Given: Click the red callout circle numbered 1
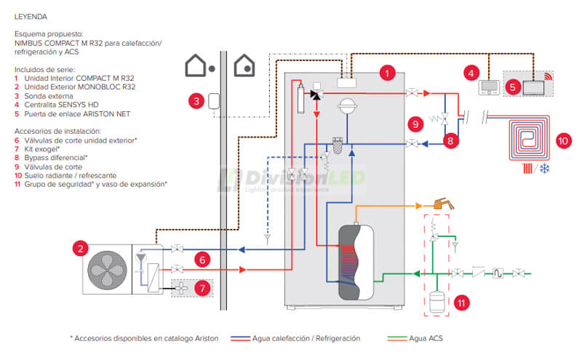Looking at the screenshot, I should tap(388, 73).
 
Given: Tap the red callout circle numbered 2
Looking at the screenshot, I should tap(81, 249).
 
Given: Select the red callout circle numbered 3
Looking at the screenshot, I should tap(195, 101).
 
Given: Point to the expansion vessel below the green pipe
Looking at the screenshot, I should tap(436, 300).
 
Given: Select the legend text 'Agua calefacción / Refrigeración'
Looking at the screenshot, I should tap(306, 338).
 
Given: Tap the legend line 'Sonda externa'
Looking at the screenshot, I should tap(47, 95).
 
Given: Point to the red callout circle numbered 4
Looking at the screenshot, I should tap(472, 73).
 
